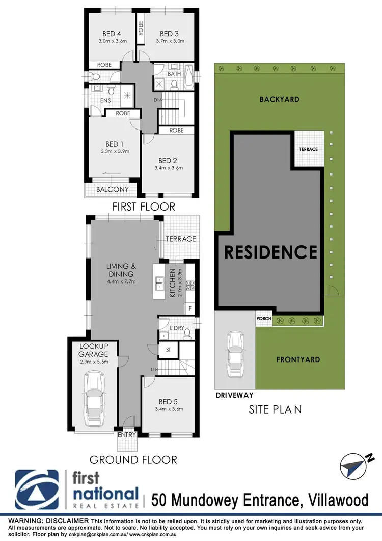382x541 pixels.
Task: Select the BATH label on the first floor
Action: click(174, 74)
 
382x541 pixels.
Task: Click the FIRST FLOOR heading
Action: click(144, 207)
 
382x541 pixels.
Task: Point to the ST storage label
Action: click(168, 350)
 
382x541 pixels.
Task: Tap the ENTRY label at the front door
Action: click(127, 435)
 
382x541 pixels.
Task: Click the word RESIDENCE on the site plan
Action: click(271, 252)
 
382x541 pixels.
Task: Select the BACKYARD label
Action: click(279, 99)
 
